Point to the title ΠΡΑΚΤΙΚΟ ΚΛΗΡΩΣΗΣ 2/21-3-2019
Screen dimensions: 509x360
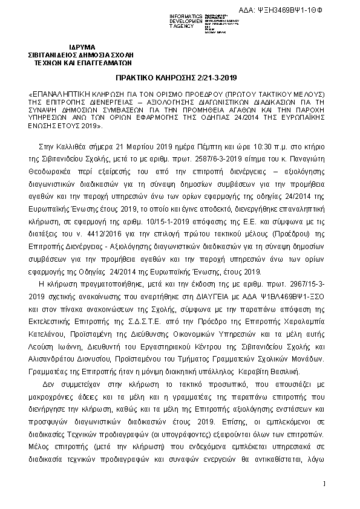175,79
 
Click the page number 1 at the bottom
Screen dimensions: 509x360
324,483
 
